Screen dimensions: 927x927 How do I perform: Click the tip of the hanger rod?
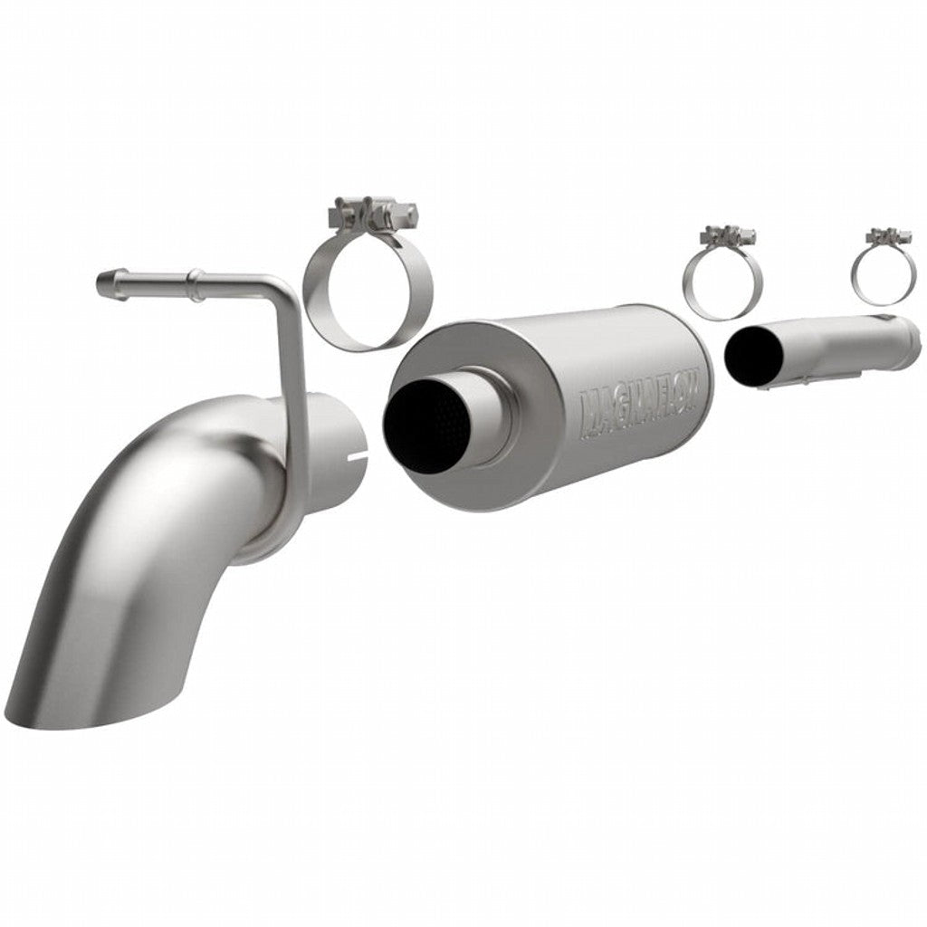click(105, 284)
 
